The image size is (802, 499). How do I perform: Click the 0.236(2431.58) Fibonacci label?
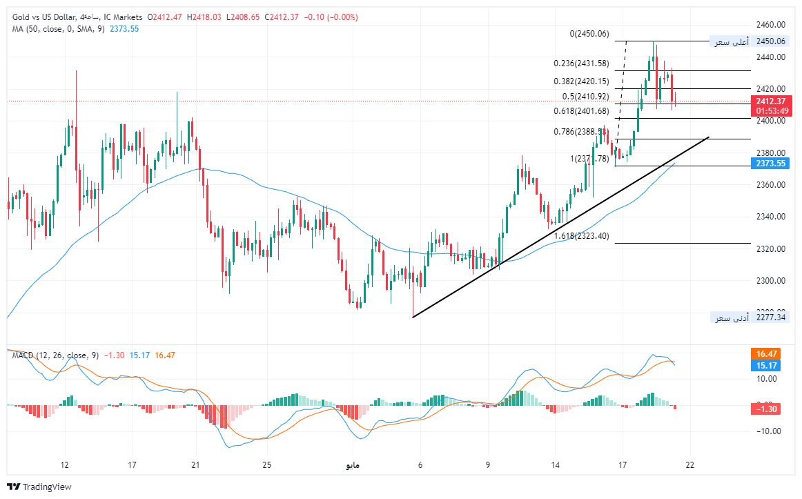pos(581,63)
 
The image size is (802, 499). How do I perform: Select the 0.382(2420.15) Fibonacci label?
pos(581,81)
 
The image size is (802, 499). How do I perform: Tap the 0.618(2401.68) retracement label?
pos(581,111)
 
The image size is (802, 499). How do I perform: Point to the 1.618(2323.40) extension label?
pos(581,236)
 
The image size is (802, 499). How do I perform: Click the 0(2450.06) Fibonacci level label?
pos(589,34)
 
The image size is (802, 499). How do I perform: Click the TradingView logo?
pos(39,487)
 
